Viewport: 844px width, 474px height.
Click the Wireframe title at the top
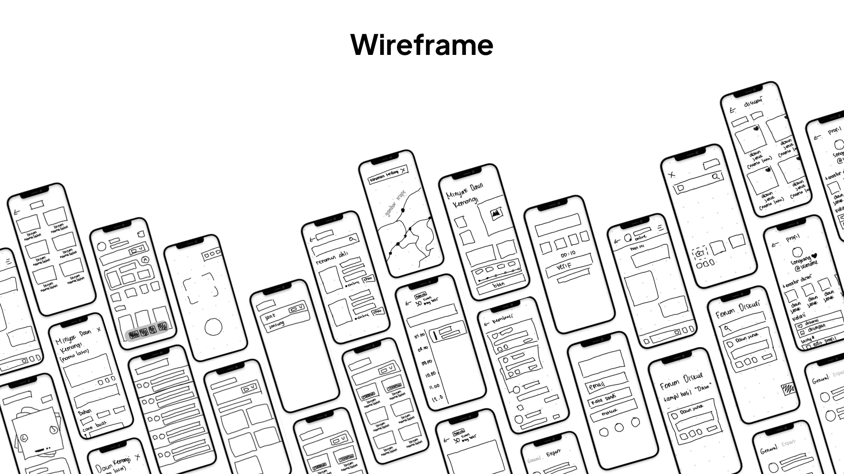(x=422, y=44)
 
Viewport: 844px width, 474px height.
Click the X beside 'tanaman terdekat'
(x=403, y=170)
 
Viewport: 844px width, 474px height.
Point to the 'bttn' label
(x=498, y=285)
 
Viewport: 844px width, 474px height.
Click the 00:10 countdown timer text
(x=568, y=253)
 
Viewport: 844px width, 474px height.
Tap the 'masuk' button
(x=611, y=412)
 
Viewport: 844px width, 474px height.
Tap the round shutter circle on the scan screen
(x=213, y=327)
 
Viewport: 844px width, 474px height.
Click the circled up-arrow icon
(x=145, y=261)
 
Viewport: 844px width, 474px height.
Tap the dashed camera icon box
(x=698, y=253)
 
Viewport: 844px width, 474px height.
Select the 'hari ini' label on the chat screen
(x=637, y=248)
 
